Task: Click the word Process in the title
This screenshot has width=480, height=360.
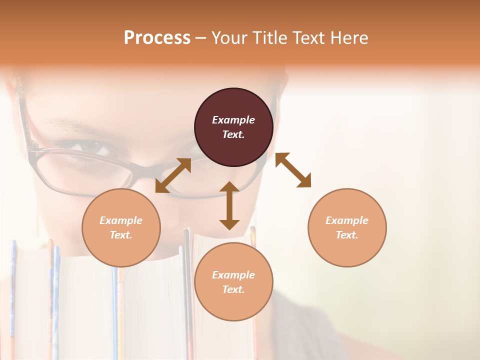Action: (157, 38)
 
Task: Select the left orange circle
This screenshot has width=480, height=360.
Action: (121, 227)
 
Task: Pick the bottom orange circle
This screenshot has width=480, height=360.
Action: (233, 282)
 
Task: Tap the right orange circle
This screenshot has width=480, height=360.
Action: (347, 227)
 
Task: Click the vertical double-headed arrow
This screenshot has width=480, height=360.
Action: (229, 205)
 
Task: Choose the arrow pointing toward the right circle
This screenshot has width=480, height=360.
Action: (293, 170)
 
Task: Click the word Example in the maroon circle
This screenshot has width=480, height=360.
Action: (233, 120)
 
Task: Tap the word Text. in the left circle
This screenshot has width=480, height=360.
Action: (121, 235)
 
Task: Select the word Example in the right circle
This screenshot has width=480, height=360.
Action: (347, 220)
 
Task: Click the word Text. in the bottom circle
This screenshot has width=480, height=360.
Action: (233, 289)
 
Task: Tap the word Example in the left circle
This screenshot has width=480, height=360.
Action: (121, 220)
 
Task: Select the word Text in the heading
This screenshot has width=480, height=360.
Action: (308, 38)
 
